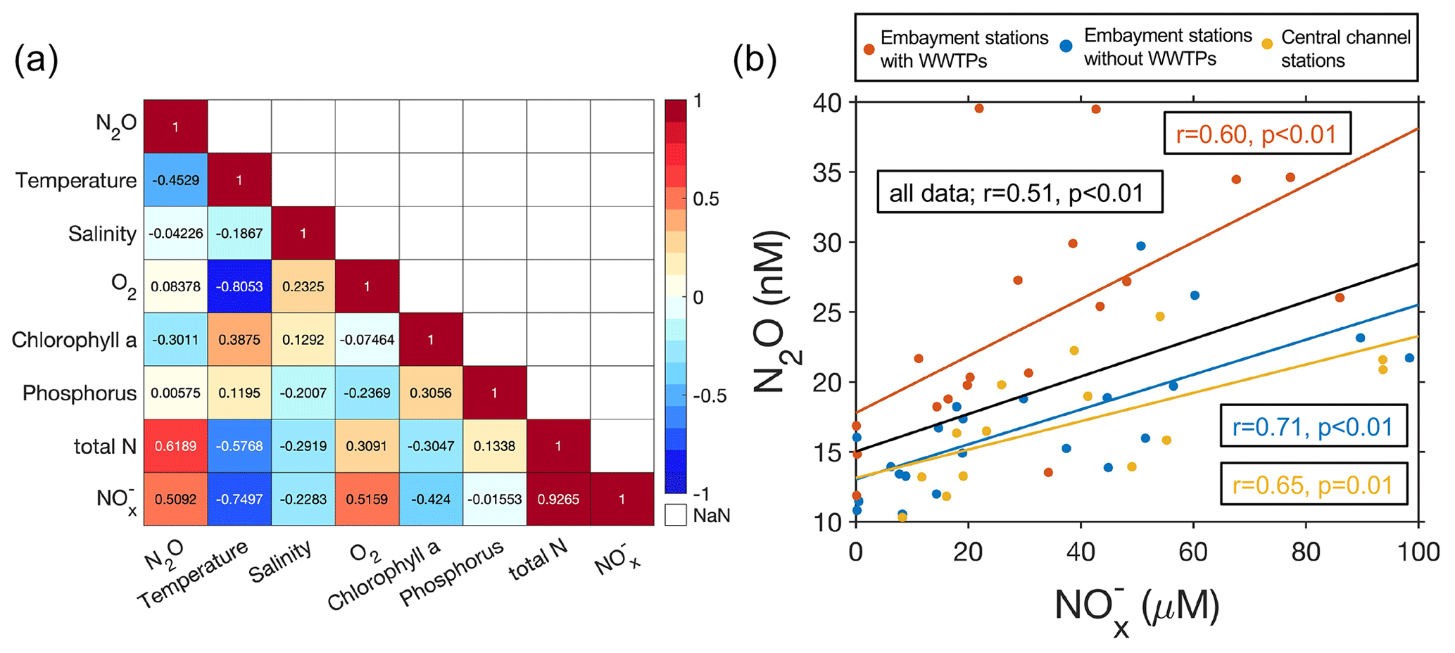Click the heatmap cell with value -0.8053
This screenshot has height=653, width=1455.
(x=239, y=286)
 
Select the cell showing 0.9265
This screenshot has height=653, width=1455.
(x=558, y=499)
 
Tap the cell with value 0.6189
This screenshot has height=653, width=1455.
(x=175, y=446)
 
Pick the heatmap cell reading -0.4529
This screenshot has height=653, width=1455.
(x=175, y=180)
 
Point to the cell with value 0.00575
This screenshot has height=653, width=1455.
(x=175, y=393)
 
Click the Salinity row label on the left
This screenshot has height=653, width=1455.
(x=102, y=234)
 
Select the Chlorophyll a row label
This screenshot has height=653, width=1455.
(x=74, y=340)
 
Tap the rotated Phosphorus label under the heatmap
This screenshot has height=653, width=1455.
(x=451, y=573)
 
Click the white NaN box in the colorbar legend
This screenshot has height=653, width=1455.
(x=675, y=515)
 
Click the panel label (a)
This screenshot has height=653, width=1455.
(x=36, y=61)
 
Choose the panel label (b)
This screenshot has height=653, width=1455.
(x=755, y=61)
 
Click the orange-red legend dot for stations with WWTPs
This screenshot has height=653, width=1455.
(x=869, y=49)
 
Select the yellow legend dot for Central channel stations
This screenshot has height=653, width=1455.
(x=1266, y=44)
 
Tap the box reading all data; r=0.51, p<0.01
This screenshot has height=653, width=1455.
(x=1019, y=192)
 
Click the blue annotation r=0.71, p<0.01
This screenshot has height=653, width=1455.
(x=1313, y=426)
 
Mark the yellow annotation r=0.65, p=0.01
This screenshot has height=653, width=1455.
(x=1313, y=485)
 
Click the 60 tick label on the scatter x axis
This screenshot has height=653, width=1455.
(x=1193, y=552)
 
